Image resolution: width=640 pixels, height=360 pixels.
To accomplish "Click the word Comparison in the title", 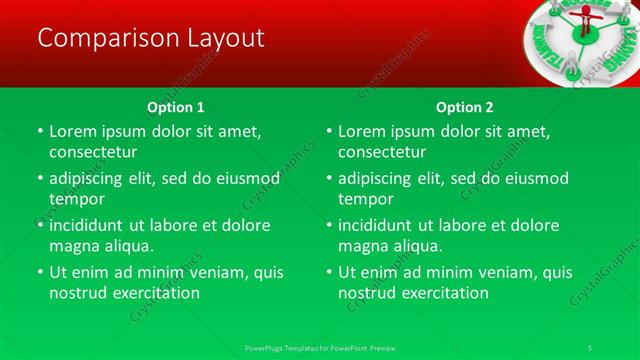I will click(x=101, y=38).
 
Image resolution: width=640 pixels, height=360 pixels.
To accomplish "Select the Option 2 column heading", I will click(x=465, y=107).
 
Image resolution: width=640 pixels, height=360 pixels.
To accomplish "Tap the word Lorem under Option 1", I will click(x=73, y=131).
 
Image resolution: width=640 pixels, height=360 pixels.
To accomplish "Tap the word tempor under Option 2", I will click(x=366, y=199).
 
